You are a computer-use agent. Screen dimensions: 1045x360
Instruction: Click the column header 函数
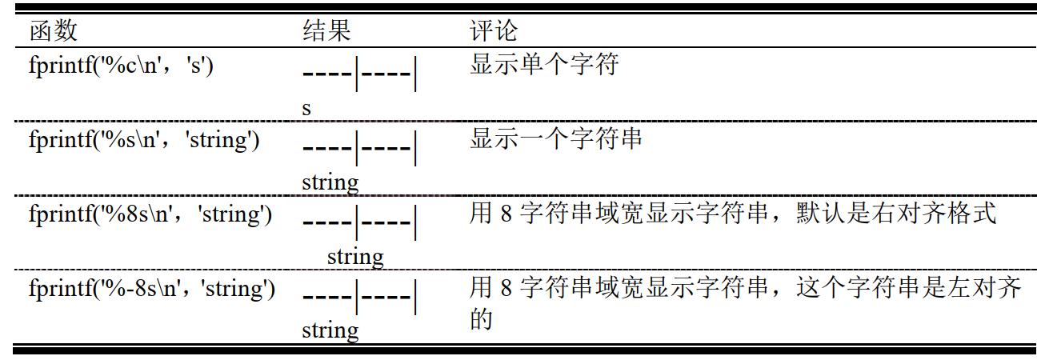click(x=54, y=31)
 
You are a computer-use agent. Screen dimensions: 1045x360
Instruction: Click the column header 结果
click(x=326, y=31)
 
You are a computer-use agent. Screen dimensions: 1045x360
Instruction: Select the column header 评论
click(x=494, y=31)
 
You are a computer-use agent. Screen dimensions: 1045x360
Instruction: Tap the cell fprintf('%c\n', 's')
click(x=121, y=66)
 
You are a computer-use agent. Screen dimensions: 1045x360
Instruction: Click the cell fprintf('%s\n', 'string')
click(x=144, y=140)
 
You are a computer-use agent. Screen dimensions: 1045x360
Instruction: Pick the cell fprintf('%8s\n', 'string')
click(x=150, y=215)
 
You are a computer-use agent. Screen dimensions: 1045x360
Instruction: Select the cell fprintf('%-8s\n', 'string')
click(x=152, y=288)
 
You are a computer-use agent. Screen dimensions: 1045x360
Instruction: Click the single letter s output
click(x=306, y=108)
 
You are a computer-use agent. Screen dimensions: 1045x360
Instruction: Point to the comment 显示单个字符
click(x=544, y=64)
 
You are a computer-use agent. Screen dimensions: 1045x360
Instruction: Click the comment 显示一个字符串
click(x=556, y=139)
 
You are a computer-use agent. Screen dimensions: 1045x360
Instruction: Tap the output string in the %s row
click(x=330, y=182)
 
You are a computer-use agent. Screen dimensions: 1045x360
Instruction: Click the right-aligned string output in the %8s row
click(x=355, y=257)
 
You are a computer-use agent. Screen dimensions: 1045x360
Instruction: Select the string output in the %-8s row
click(x=330, y=330)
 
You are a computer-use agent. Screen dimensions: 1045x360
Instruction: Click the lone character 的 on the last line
click(x=480, y=319)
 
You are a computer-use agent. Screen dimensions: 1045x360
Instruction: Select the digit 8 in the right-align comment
click(x=505, y=214)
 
